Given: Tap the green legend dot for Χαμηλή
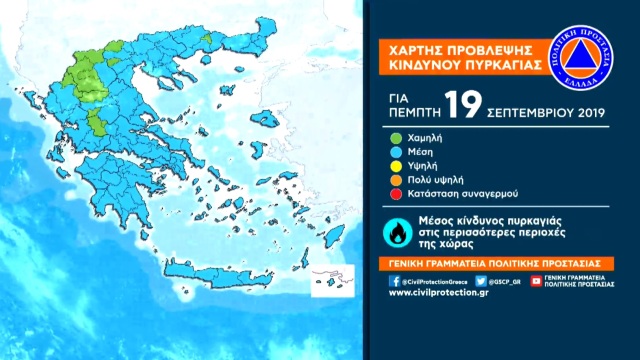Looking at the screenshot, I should pos(397,138).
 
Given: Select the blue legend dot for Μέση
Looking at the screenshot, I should pos(397,151).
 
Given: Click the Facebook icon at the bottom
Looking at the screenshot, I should pos(394,282).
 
